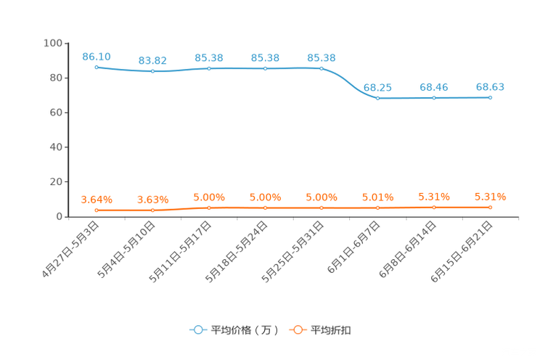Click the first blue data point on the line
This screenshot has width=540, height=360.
click(x=97, y=67)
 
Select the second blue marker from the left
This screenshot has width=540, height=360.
click(x=152, y=71)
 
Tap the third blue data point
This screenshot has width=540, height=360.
click(x=209, y=68)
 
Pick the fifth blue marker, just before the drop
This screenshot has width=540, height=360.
click(x=322, y=68)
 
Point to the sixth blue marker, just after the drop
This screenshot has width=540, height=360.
click(x=377, y=98)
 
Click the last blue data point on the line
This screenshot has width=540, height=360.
click(x=491, y=97)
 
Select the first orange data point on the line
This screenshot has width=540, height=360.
click(x=97, y=210)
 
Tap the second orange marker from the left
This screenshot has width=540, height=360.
click(x=152, y=210)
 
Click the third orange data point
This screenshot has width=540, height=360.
click(x=209, y=208)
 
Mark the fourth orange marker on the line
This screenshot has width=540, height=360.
click(x=266, y=208)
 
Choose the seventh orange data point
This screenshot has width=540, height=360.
click(x=434, y=208)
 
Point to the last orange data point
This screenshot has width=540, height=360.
click(x=491, y=208)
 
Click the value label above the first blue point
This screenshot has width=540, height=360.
click(x=97, y=56)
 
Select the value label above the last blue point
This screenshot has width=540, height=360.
click(x=491, y=86)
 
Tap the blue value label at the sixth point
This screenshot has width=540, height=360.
click(x=377, y=87)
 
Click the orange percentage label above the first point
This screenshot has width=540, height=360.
click(x=97, y=199)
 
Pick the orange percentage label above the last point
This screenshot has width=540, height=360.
click(x=491, y=196)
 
